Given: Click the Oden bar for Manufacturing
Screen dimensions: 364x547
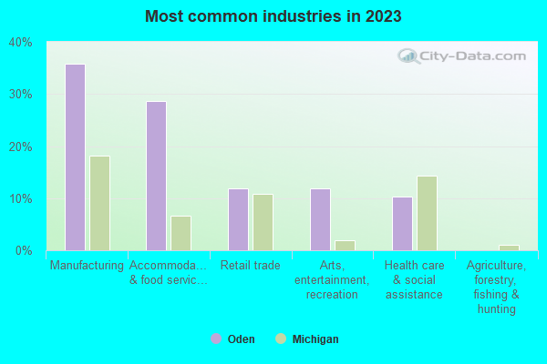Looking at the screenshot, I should pyautogui.click(x=75, y=157).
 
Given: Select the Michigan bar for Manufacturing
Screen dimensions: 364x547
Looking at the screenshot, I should pyautogui.click(x=99, y=203).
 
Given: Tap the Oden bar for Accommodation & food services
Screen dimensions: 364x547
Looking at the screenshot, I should pyautogui.click(x=156, y=176).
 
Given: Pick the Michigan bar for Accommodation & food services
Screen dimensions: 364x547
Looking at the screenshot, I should pyautogui.click(x=181, y=233).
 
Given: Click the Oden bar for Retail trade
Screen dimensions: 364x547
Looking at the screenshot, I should pyautogui.click(x=238, y=219).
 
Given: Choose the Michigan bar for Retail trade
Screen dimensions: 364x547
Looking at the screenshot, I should pyautogui.click(x=263, y=222).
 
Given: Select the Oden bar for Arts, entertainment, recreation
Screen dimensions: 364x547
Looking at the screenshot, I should pyautogui.click(x=320, y=219).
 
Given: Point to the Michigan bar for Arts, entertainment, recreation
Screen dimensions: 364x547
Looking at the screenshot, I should pyautogui.click(x=345, y=246).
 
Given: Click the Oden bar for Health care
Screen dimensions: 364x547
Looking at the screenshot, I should pyautogui.click(x=402, y=224).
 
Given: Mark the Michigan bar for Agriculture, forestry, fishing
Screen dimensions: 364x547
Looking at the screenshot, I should pyautogui.click(x=509, y=248).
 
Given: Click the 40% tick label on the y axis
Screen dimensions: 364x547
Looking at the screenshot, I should pyautogui.click(x=20, y=42).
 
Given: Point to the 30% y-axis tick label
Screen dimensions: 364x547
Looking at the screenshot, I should pyautogui.click(x=20, y=95).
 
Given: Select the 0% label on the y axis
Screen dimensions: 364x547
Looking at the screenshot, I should pyautogui.click(x=23, y=251).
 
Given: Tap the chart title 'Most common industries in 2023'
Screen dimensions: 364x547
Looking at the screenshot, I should pyautogui.click(x=273, y=16).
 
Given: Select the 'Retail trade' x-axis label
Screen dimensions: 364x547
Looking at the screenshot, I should pyautogui.click(x=250, y=266).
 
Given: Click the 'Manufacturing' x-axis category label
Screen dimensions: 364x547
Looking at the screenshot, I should pyautogui.click(x=87, y=266).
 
